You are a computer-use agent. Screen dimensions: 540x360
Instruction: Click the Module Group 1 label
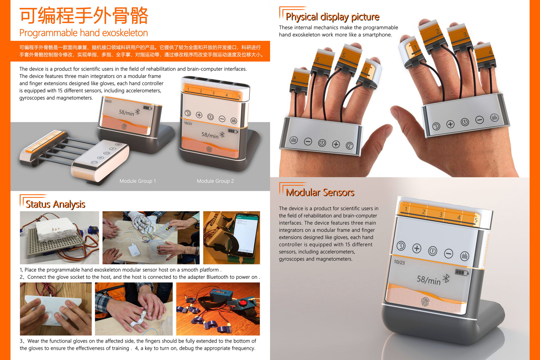pos(138,181)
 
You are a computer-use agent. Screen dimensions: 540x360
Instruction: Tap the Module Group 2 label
pos(215,181)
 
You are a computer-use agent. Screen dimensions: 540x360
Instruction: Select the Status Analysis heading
pos(55,204)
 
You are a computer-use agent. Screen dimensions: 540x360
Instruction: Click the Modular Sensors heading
pos(320,192)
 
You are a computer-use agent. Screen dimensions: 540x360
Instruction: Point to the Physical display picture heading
pos(332,17)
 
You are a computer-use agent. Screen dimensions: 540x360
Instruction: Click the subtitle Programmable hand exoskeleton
pos(84,33)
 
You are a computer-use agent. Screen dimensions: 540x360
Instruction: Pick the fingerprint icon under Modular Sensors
pos(425,302)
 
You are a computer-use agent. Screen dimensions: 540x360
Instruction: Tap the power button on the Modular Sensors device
pos(432,251)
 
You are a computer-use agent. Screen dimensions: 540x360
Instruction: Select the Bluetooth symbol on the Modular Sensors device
pos(446,279)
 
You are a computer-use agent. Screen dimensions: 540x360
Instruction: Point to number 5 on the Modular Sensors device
pos(476,220)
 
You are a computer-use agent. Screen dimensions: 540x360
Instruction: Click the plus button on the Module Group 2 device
pos(199,115)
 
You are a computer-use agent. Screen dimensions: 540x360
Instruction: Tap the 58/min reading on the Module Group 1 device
pos(127,113)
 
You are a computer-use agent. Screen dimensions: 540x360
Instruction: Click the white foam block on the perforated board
pos(57,229)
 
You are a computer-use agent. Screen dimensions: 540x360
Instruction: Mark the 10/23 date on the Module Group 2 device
pos(188,123)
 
